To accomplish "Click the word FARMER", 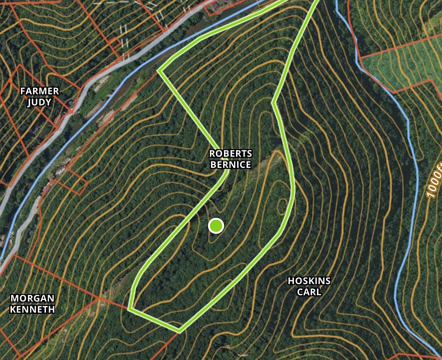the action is (39, 91).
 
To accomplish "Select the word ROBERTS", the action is (230, 153).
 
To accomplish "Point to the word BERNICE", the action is (230, 164).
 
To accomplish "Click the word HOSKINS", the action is (309, 281).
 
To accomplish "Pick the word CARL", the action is (309, 292).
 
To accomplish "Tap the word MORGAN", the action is (32, 298).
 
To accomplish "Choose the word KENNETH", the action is (32, 309).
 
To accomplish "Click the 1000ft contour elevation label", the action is (434, 180).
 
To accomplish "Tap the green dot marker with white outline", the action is (215, 226).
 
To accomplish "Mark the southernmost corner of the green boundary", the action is (179, 331).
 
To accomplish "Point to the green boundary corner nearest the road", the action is (159, 70).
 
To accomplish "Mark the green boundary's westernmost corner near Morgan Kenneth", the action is (129, 309).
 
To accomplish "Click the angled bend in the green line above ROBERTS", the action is (274, 103).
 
